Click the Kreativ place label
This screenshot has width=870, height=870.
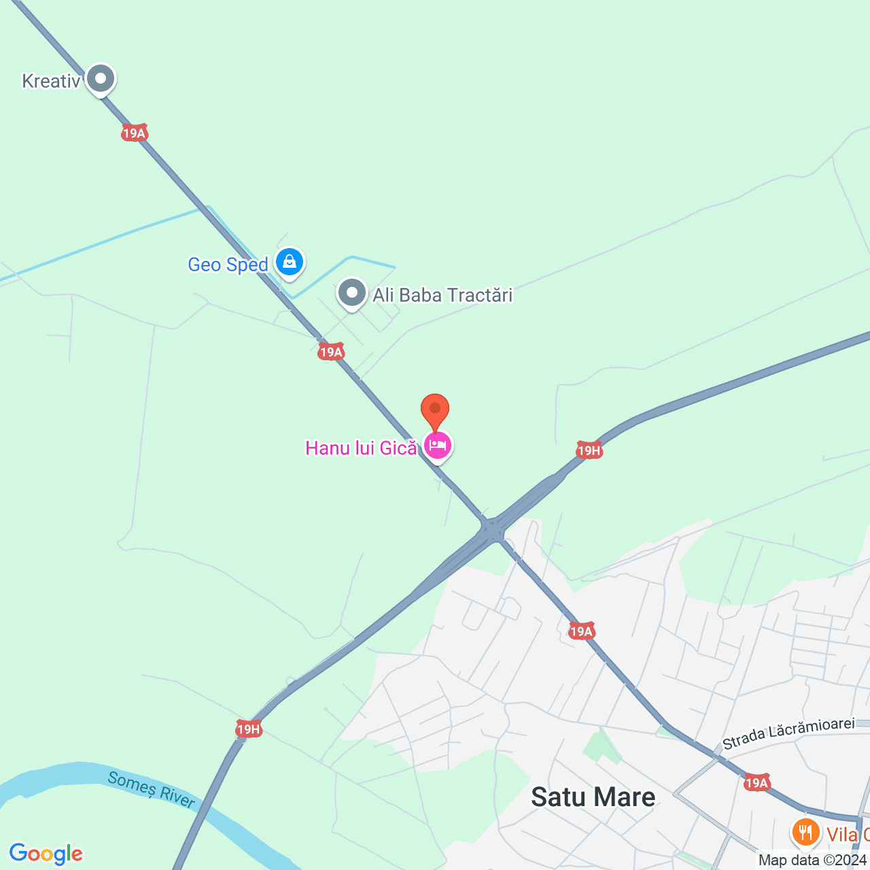pyautogui.click(x=51, y=81)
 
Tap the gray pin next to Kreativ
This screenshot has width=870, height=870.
pyautogui.click(x=101, y=80)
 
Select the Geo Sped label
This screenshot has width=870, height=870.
pyautogui.click(x=228, y=264)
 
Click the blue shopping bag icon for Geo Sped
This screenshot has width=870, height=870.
pyautogui.click(x=290, y=262)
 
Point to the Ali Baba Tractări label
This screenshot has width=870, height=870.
pyautogui.click(x=442, y=295)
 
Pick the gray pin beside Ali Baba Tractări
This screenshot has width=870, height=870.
pyautogui.click(x=352, y=294)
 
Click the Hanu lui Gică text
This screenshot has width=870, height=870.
pyautogui.click(x=360, y=448)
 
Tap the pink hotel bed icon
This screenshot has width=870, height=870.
pyautogui.click(x=438, y=446)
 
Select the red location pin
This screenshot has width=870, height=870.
pyautogui.click(x=435, y=409)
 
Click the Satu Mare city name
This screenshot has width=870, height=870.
pyautogui.click(x=593, y=797)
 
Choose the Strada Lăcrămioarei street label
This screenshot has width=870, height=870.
pyautogui.click(x=788, y=732)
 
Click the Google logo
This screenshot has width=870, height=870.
pyautogui.click(x=46, y=854)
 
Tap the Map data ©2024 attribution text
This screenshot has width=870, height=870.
pyautogui.click(x=812, y=860)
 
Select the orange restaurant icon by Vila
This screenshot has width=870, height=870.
pyautogui.click(x=805, y=831)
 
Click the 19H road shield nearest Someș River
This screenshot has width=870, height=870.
pyautogui.click(x=249, y=729)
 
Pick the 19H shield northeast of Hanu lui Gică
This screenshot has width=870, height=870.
pyautogui.click(x=589, y=450)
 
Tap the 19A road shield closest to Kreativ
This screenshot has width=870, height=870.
pyautogui.click(x=135, y=133)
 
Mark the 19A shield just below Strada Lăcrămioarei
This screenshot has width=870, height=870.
pyautogui.click(x=756, y=782)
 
